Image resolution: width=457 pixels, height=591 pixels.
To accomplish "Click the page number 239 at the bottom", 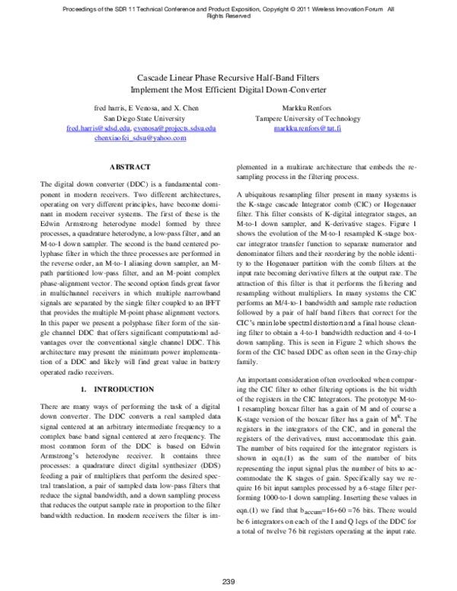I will point(228,583).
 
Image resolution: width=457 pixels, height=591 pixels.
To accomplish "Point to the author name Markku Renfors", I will point(303,108).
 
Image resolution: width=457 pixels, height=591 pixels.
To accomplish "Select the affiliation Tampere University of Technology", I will point(303,119).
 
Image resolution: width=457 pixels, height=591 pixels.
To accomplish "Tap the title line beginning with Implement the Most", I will point(228,88).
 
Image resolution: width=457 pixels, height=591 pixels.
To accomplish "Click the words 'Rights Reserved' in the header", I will point(228,16).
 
